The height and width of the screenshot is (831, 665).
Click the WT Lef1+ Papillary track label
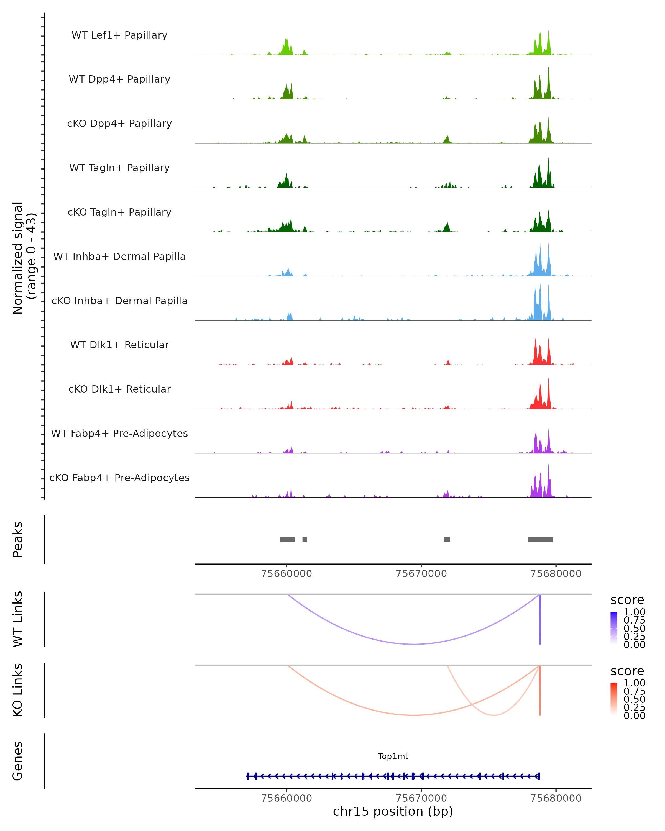(119, 35)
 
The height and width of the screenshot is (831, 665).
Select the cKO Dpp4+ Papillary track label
(119, 124)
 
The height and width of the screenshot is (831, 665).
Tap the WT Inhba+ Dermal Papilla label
(119, 257)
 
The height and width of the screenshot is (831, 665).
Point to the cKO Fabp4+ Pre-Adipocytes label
(119, 478)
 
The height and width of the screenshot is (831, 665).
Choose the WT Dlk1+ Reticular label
(119, 345)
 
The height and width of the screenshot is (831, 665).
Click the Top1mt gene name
(393, 756)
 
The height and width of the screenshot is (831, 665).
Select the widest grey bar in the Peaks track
(540, 540)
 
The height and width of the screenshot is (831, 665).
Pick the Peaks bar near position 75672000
(447, 540)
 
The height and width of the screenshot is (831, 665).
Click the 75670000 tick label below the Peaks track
(421, 574)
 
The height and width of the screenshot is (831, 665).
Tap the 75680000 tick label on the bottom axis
(556, 798)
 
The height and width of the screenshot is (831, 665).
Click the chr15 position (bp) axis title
(393, 812)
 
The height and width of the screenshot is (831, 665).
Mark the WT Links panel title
(18, 619)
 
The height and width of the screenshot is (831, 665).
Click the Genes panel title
(18, 761)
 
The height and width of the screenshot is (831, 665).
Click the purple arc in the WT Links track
(414, 644)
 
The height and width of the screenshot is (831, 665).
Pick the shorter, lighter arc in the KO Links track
(493, 715)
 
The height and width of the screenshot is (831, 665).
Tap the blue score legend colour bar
(614, 628)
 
